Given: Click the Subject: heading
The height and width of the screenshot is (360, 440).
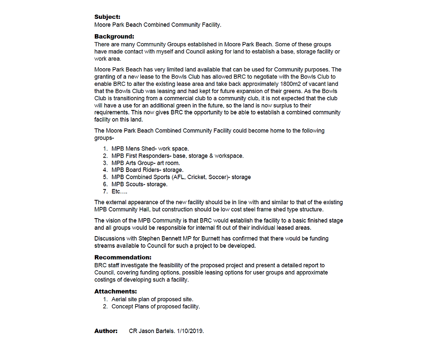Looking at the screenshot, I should (107, 17).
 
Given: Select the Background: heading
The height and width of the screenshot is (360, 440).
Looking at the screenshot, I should (114, 36).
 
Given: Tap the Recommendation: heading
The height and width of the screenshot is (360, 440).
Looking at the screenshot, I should (123, 258).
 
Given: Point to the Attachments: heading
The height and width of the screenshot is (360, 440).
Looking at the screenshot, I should (115, 291).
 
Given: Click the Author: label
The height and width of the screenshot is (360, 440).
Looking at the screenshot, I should (106, 331).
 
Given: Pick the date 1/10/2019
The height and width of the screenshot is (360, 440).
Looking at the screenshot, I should (190, 331).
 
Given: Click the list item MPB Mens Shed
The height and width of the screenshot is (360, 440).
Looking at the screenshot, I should (150, 149).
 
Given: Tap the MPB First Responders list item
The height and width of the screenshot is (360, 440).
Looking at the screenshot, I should (177, 156).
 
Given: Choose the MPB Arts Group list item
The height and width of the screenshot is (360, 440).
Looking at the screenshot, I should (145, 163).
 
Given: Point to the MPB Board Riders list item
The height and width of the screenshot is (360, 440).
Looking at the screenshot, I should (147, 170).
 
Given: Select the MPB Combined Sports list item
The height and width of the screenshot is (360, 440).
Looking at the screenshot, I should (181, 177).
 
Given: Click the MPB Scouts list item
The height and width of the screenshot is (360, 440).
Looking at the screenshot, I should (139, 184).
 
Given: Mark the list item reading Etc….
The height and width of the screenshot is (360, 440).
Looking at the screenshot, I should (119, 192).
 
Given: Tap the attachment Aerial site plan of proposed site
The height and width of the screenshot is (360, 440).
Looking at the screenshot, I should (152, 299).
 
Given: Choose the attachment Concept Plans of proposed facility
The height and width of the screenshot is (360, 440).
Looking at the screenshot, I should (155, 307).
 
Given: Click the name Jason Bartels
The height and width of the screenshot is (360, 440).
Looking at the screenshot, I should (156, 331).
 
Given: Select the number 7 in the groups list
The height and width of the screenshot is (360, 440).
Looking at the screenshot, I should (105, 192).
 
